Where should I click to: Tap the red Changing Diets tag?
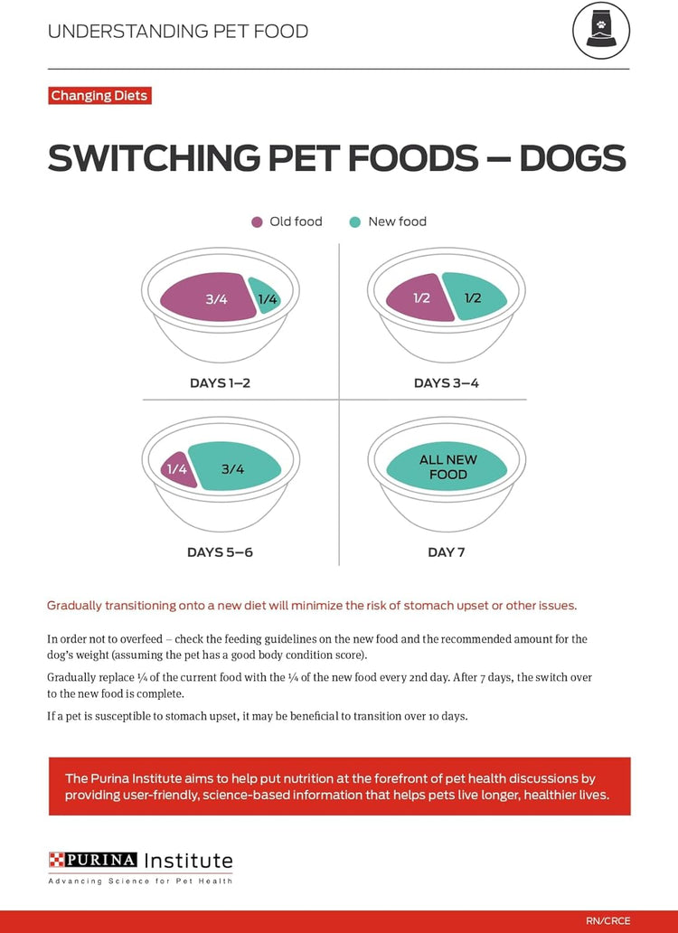[x=99, y=96]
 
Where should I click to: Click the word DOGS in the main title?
[x=572, y=158]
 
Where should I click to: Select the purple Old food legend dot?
[x=257, y=221]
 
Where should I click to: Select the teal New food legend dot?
[x=355, y=221]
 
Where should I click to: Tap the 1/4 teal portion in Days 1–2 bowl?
[x=267, y=297]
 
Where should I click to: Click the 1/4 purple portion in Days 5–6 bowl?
[x=178, y=469]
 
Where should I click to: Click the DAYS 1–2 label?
[x=220, y=383]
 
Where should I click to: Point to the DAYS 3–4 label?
[x=446, y=383]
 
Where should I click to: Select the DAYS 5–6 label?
[x=220, y=552]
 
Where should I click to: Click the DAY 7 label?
[x=446, y=552]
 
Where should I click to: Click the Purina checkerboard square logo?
[x=59, y=860]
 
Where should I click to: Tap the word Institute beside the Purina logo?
[x=189, y=860]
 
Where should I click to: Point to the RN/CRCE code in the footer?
[x=607, y=921]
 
